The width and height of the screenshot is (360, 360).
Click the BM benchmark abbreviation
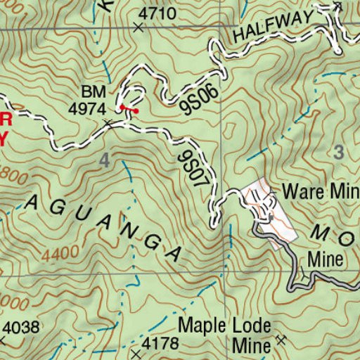(93, 93)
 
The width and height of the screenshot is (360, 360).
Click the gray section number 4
(105, 161)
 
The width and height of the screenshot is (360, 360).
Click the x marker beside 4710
(137, 28)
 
